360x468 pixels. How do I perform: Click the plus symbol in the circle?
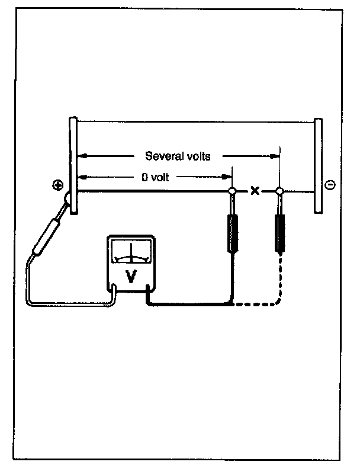tap(57, 185)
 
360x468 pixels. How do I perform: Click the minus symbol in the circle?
tap(330, 185)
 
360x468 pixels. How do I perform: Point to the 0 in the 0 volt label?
tap(137, 177)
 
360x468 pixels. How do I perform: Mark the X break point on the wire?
tap(256, 191)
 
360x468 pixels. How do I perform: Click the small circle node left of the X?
tap(233, 191)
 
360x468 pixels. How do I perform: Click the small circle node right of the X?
tap(280, 191)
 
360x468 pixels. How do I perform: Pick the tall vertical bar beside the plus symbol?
tap(72, 166)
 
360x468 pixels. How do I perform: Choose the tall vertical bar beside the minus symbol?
tap(318, 166)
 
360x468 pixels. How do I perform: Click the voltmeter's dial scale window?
tap(131, 252)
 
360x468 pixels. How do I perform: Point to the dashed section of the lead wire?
tap(261, 304)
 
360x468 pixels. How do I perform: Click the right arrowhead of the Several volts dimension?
tap(275, 156)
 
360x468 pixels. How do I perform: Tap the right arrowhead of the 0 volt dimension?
tap(228, 177)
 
